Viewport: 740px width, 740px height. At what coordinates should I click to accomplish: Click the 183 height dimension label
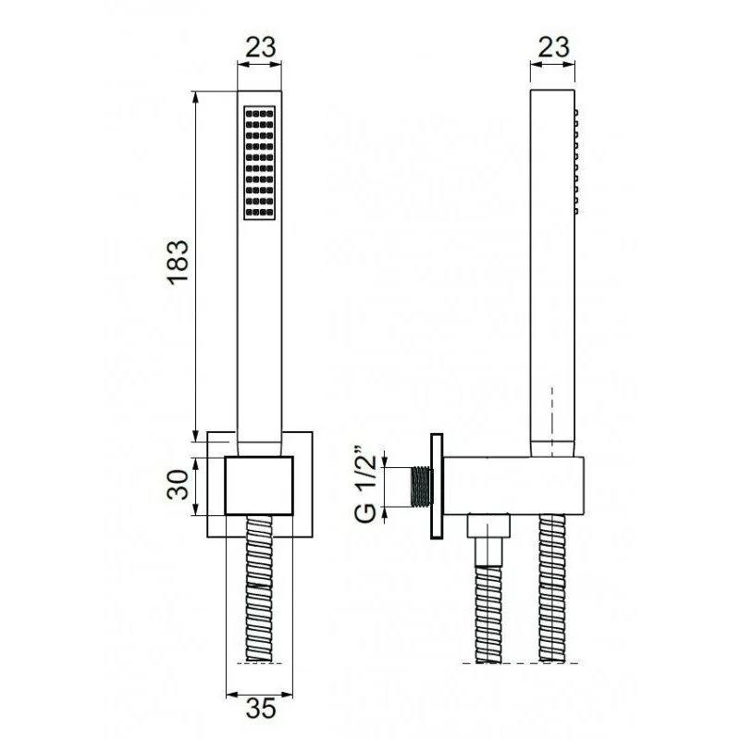pyautogui.click(x=179, y=262)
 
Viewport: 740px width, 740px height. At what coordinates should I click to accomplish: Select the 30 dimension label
pyautogui.click(x=179, y=485)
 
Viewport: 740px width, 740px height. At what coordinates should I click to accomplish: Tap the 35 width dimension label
pyautogui.click(x=260, y=708)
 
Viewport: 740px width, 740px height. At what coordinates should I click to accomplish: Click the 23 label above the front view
pyautogui.click(x=260, y=47)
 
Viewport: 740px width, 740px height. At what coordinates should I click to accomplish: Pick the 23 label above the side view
pyautogui.click(x=553, y=47)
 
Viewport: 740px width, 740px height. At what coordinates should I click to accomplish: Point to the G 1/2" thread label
pyautogui.click(x=365, y=484)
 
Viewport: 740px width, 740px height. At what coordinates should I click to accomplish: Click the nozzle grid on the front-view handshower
pyautogui.click(x=260, y=163)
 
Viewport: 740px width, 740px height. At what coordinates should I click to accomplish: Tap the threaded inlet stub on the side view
pyautogui.click(x=422, y=487)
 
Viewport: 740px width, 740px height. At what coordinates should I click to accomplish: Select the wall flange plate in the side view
pyautogui.click(x=437, y=487)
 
